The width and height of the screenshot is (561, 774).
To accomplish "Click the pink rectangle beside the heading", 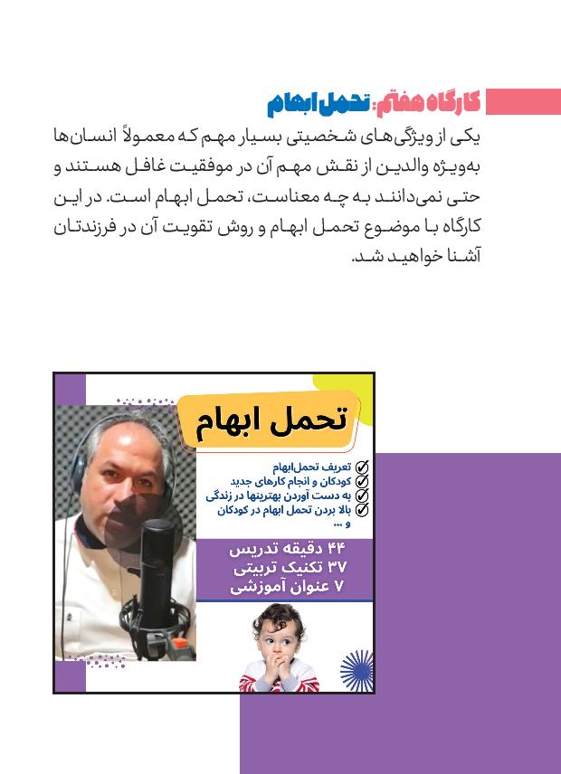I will tap(523, 101).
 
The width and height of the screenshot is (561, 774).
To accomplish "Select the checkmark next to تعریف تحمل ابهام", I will tap(362, 467).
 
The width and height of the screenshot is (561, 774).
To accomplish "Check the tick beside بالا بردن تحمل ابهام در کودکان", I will tap(362, 509).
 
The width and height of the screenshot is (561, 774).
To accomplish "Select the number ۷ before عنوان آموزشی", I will tap(339, 587).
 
